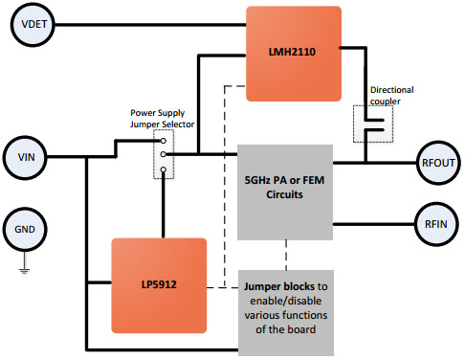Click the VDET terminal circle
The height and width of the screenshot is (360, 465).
coord(29,24)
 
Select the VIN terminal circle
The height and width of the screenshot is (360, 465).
coord(29,155)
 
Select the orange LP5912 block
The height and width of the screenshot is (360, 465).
coord(160,284)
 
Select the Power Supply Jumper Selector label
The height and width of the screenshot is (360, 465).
coord(163,117)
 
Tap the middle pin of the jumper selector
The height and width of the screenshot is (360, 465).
coord(164,154)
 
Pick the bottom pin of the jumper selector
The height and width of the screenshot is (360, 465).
coord(164,170)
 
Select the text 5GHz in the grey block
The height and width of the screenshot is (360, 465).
coord(261,177)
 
